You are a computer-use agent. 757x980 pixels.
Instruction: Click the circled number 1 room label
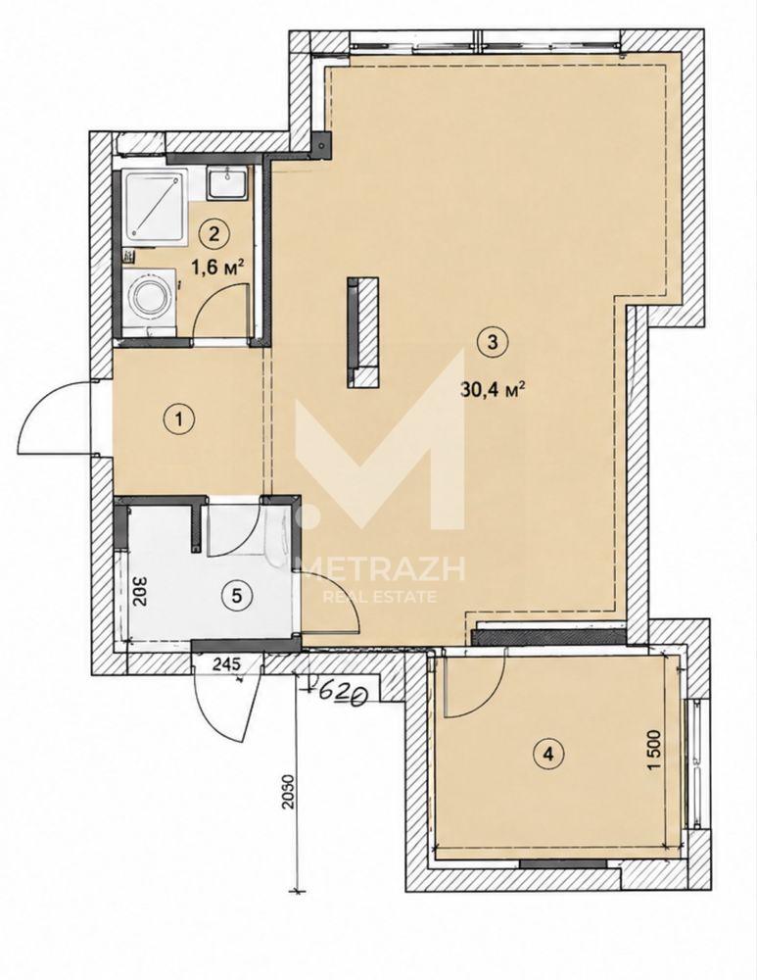coord(181,418)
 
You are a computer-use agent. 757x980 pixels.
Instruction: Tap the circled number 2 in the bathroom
coord(213,234)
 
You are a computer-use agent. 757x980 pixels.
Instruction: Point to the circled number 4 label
coord(548,753)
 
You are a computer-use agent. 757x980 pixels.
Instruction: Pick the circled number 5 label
coord(236,595)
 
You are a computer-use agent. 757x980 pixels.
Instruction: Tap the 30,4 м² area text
coord(492,390)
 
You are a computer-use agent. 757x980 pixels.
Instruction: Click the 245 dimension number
coord(227,665)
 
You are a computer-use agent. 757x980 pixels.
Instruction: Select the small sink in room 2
coord(227,182)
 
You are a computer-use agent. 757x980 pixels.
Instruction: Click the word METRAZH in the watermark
coord(387,568)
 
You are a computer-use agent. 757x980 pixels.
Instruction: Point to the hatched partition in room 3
coord(363,332)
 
